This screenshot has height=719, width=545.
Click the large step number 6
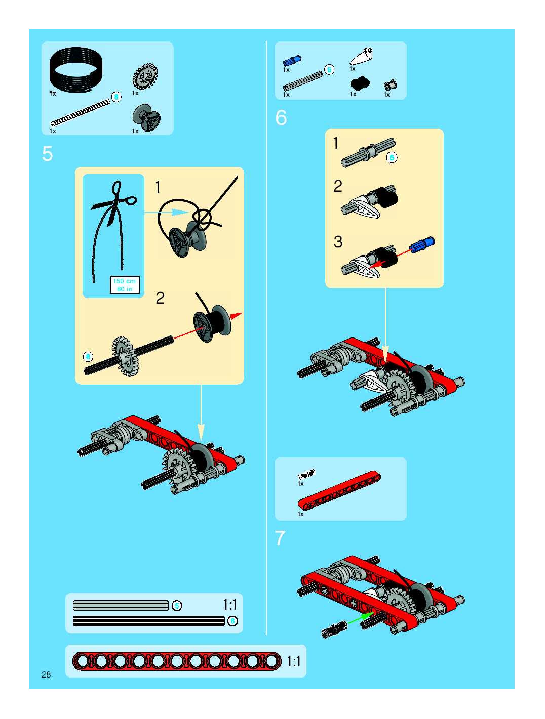(x=281, y=117)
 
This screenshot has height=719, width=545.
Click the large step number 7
(x=280, y=538)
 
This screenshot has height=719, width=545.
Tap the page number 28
(x=46, y=675)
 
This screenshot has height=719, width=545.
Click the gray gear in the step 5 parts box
(x=145, y=77)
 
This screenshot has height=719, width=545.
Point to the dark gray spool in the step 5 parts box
(x=146, y=117)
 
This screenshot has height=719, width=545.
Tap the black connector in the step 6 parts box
(x=360, y=83)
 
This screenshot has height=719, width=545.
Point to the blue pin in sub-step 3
(x=422, y=244)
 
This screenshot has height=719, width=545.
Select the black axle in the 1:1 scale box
(x=149, y=621)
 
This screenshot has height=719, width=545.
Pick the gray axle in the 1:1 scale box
(x=121, y=605)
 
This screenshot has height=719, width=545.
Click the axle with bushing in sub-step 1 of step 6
(x=368, y=152)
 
